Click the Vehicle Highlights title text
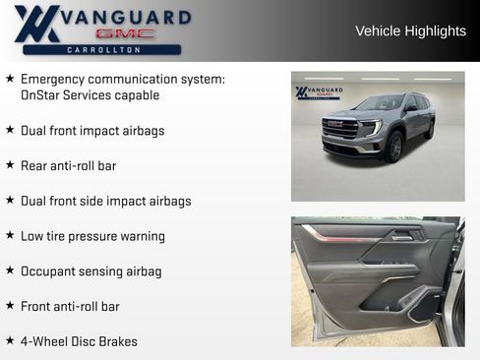click(x=410, y=31)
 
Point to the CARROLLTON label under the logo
click(x=102, y=49)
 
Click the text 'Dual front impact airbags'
click(x=92, y=130)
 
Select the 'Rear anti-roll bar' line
click(x=68, y=165)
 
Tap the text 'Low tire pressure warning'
click(x=92, y=236)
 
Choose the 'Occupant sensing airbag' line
click(x=91, y=271)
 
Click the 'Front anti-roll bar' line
click(x=70, y=307)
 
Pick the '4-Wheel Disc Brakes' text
click(x=79, y=342)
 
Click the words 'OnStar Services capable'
click(x=90, y=95)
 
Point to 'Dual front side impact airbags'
click(x=106, y=201)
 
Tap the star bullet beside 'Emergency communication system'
click(x=10, y=78)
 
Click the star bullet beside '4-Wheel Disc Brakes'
click(x=10, y=341)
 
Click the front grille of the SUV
click(x=340, y=130)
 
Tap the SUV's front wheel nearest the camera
click(x=394, y=149)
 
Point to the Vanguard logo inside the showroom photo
click(x=319, y=92)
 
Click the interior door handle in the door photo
click(x=401, y=237)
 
